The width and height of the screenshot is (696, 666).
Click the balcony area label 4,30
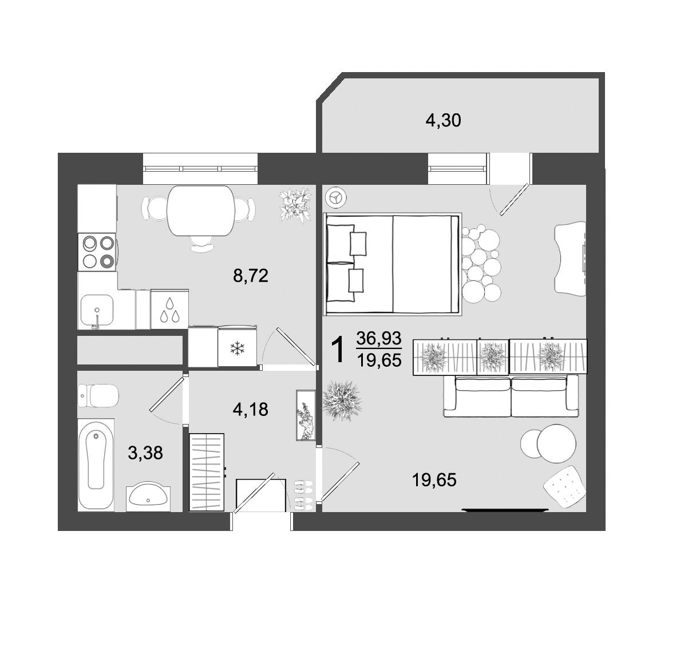click(443, 121)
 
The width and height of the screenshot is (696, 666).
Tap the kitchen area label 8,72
click(250, 276)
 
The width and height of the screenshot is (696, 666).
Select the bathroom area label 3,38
click(145, 453)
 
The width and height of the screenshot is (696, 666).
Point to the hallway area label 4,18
click(250, 409)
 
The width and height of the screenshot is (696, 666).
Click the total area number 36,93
click(379, 338)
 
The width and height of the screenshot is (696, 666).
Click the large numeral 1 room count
click(338, 349)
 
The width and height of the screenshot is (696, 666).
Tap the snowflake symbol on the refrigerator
click(236, 348)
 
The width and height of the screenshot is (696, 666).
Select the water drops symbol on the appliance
click(170, 309)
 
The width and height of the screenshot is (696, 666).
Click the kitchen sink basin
click(97, 309)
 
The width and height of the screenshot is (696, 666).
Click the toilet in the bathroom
click(98, 396)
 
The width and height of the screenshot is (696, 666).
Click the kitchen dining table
click(201, 211)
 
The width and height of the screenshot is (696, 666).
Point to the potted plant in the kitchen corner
click(295, 206)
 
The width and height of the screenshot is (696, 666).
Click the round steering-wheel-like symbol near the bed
click(335, 198)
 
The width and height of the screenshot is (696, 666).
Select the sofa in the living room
click(511, 396)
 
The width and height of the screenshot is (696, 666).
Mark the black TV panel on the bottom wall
click(505, 510)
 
